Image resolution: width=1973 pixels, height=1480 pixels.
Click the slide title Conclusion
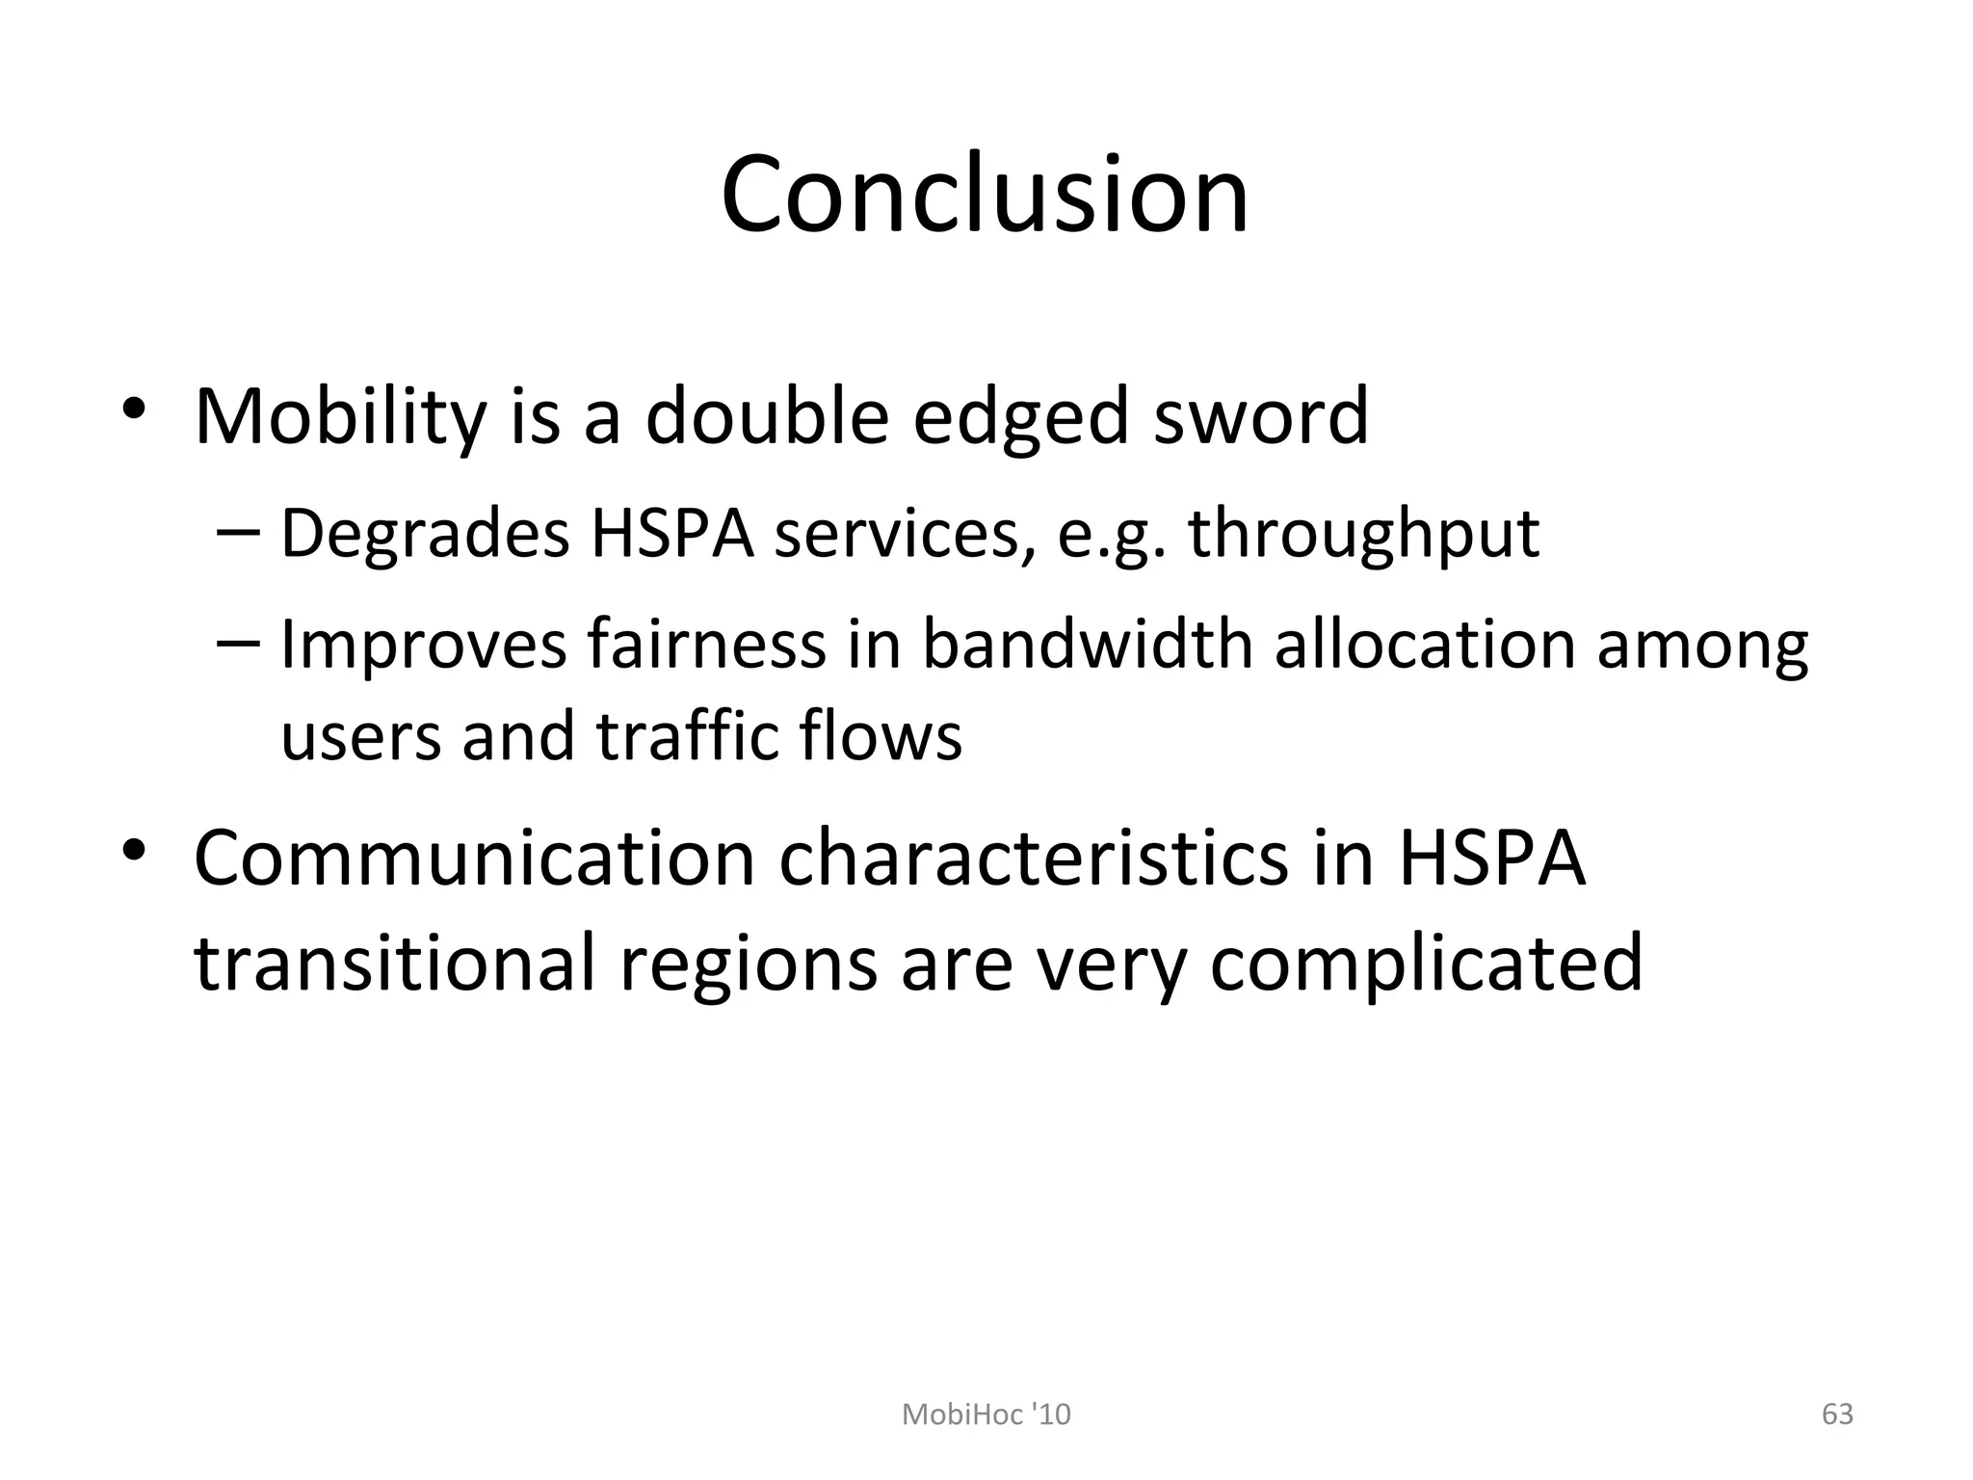point(985,195)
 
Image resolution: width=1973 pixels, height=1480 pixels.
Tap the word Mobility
point(340,417)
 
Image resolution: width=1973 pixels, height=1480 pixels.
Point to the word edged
point(1020,417)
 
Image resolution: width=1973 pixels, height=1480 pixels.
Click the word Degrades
point(425,533)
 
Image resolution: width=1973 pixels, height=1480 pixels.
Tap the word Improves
point(423,645)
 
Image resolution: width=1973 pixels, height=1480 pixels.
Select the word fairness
point(706,643)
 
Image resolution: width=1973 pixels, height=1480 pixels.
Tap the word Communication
point(475,858)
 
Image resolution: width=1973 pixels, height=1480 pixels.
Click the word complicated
point(1426,964)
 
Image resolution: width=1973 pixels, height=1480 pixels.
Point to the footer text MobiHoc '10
point(986,1414)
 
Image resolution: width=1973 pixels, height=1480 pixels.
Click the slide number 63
point(1837,1414)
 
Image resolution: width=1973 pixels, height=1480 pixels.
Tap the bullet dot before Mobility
point(133,409)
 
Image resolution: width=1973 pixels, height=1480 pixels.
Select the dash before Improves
point(238,640)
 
